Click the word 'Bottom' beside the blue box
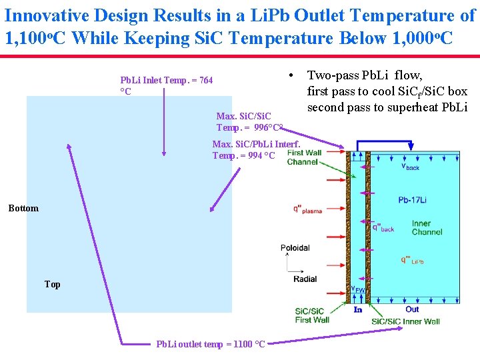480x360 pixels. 23,209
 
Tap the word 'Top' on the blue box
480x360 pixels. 53,284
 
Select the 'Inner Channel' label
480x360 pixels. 427,228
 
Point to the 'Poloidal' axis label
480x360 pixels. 295,248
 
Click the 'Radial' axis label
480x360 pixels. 305,279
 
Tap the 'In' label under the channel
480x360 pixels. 358,309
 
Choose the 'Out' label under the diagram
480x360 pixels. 412,309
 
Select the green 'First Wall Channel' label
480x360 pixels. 303,157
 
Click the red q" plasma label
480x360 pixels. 307,209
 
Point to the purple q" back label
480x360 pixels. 383,227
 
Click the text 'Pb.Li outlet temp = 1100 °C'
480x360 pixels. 211,344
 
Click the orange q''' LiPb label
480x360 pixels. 412,260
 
